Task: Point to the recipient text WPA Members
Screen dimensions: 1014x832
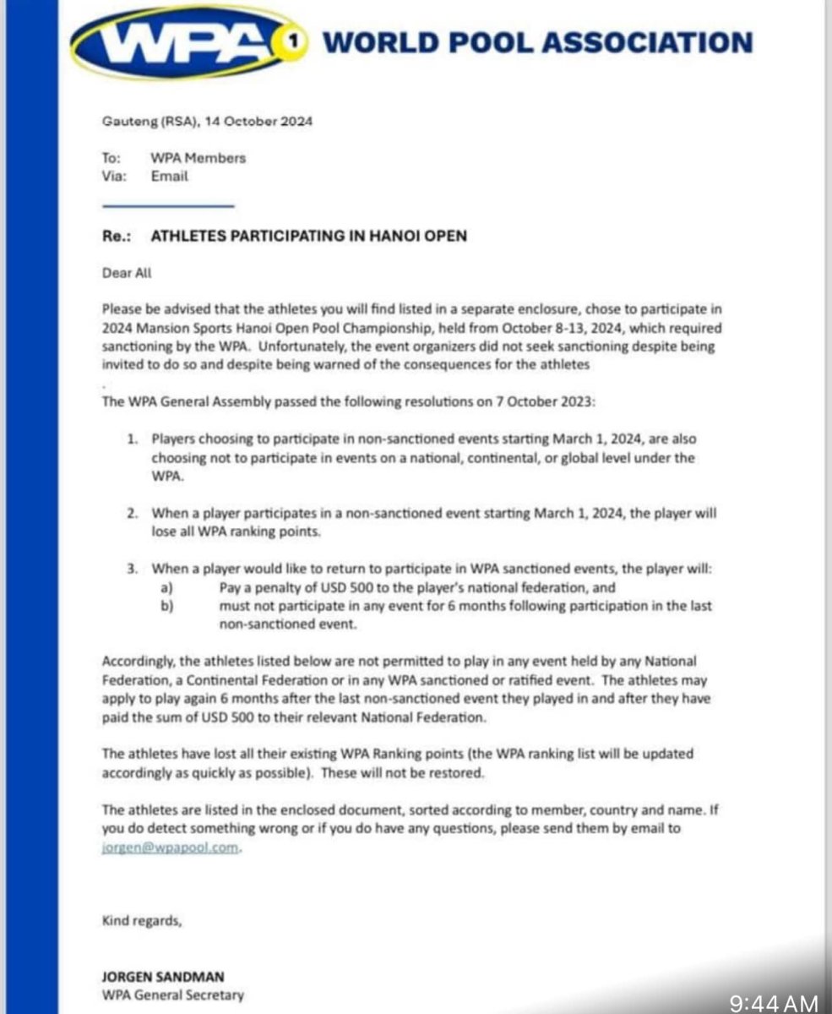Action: [198, 158]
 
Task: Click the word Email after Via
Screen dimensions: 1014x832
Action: [170, 177]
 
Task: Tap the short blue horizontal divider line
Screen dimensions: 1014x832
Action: [167, 206]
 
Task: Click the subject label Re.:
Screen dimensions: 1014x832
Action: [114, 237]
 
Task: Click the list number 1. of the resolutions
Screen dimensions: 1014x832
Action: [133, 439]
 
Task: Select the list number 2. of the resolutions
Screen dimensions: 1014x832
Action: [133, 514]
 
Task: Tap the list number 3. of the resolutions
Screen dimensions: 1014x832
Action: [133, 570]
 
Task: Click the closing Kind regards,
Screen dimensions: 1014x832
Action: [141, 921]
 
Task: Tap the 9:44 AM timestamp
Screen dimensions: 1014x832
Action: [773, 1003]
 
